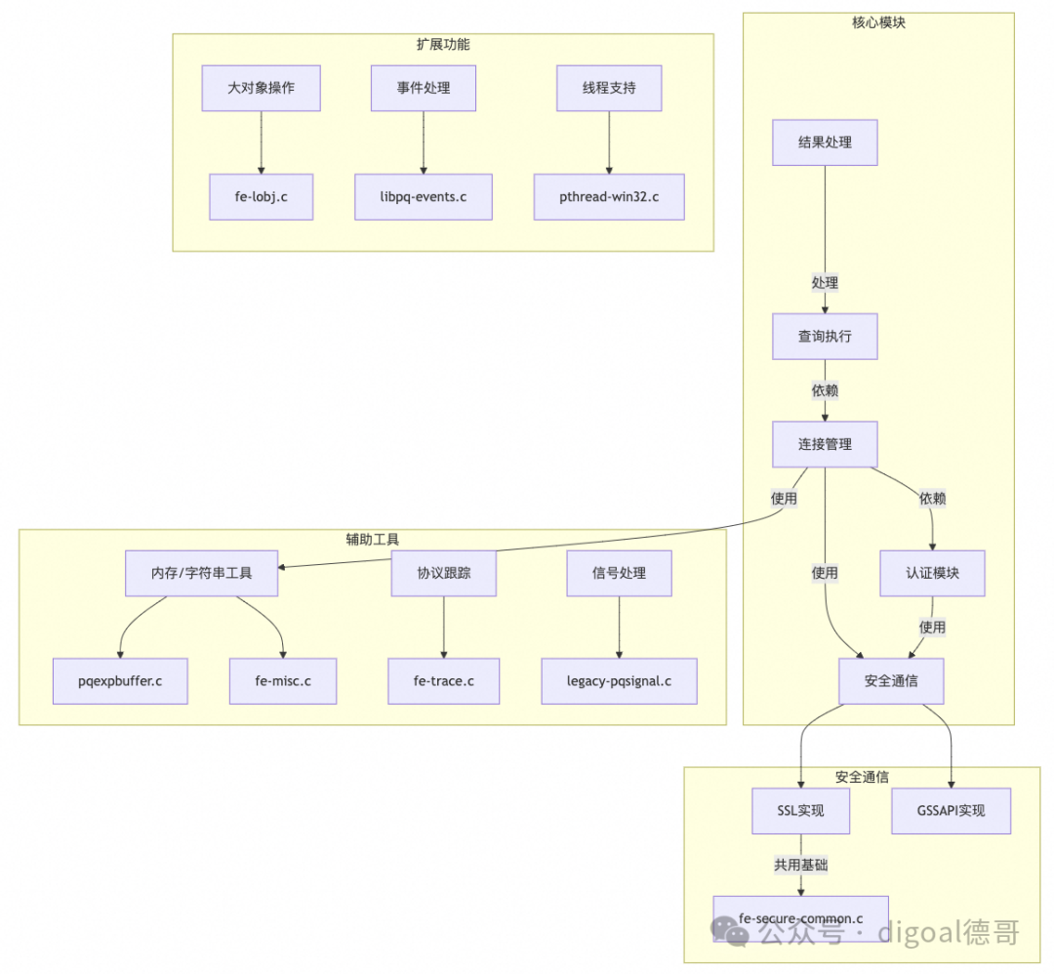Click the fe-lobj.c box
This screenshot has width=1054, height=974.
(261, 197)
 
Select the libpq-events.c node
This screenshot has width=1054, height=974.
(424, 197)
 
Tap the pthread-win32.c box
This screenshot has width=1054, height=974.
(609, 197)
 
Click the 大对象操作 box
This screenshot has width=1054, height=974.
(261, 88)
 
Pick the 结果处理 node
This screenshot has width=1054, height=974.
(825, 142)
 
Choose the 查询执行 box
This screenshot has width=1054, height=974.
(825, 336)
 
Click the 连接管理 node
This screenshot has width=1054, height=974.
(825, 444)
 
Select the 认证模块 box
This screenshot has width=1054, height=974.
(932, 574)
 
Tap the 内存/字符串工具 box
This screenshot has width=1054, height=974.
(202, 574)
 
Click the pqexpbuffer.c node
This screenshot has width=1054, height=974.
(120, 681)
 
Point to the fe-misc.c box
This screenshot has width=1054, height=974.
(283, 681)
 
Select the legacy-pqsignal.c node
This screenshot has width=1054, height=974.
(619, 681)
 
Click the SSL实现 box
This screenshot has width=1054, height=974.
(800, 811)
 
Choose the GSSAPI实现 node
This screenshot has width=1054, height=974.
(952, 811)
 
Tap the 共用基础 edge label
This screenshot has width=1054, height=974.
(800, 865)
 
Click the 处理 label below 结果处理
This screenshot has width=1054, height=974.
(825, 283)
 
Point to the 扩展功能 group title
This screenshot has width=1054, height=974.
(443, 44)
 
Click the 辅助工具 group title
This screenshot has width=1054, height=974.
(373, 539)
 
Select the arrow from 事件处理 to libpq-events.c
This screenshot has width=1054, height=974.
(424, 142)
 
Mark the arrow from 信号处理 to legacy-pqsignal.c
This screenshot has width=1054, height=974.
(619, 628)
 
